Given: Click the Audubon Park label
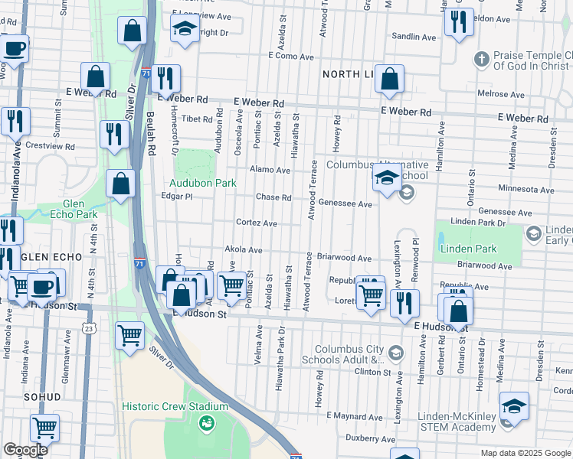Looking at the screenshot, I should coord(202,184).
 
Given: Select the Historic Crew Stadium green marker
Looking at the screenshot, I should coord(205,422).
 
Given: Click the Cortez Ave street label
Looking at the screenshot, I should coord(256,223).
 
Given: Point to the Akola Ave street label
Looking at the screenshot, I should coord(244,250).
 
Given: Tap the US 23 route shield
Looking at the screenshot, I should coord(90,328).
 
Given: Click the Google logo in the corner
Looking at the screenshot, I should coord(25,450).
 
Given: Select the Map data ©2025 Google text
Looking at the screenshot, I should coord(525,453).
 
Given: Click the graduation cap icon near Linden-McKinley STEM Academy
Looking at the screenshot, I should coord(514,407).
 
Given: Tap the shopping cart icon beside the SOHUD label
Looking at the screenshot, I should coord(45,428).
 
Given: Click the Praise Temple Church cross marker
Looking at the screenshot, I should coord(481,59).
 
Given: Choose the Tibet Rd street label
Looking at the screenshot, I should coord(196,119).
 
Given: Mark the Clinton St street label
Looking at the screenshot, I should coord(373,372).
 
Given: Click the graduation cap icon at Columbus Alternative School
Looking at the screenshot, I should coord(387,180).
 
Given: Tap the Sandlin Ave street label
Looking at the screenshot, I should coord(414,37).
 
